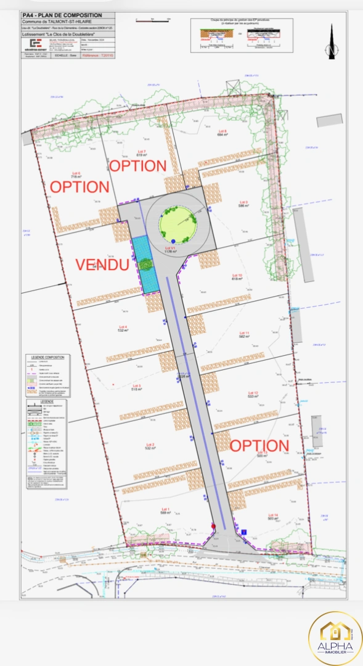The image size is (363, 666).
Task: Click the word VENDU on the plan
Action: click(x=102, y=265)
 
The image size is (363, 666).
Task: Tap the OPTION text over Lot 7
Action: click(x=138, y=166)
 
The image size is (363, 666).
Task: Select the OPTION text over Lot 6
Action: click(x=80, y=186)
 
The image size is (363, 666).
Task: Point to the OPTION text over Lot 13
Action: click(x=259, y=445)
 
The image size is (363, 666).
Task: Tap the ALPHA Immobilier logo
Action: click(x=335, y=638)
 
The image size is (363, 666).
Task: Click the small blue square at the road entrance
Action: click(x=244, y=532)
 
